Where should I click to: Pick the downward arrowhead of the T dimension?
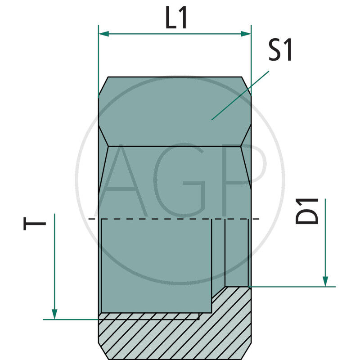[54, 314]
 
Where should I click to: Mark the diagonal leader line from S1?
[240, 95]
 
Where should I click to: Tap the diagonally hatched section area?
[180, 337]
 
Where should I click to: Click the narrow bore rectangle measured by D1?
[237, 252]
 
